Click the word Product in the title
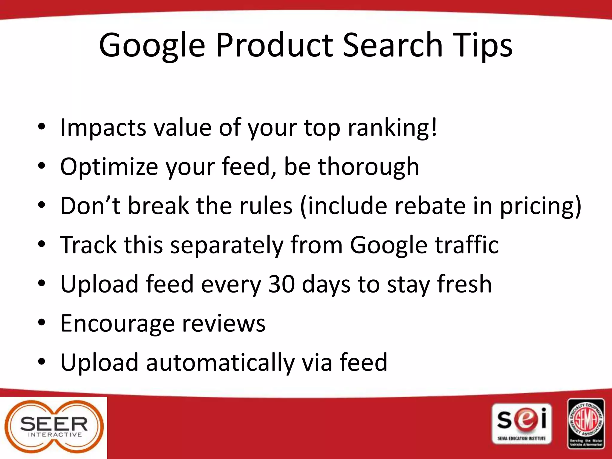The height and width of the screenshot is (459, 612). (x=274, y=45)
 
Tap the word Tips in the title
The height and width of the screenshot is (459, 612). (x=482, y=45)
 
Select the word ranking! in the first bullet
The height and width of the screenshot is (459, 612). (x=392, y=128)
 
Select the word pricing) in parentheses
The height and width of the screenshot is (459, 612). (x=541, y=206)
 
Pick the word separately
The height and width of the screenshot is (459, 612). (x=227, y=245)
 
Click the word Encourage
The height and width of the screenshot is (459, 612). (x=117, y=324)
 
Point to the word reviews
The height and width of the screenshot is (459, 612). (x=224, y=324)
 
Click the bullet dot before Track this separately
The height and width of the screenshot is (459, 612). (x=42, y=244)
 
